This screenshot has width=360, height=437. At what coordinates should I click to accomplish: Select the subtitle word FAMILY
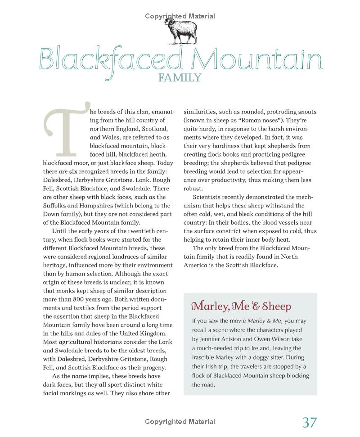pyautogui.click(x=180, y=78)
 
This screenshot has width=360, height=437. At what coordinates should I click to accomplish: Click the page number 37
pyautogui.click(x=309, y=423)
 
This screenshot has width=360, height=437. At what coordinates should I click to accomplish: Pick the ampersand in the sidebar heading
pyautogui.click(x=255, y=306)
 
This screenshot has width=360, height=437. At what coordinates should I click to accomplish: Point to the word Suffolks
pyautogui.click(x=55, y=206)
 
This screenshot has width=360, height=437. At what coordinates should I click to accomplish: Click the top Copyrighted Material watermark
pyautogui.click(x=180, y=16)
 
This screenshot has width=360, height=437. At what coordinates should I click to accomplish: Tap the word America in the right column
pyautogui.click(x=198, y=265)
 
